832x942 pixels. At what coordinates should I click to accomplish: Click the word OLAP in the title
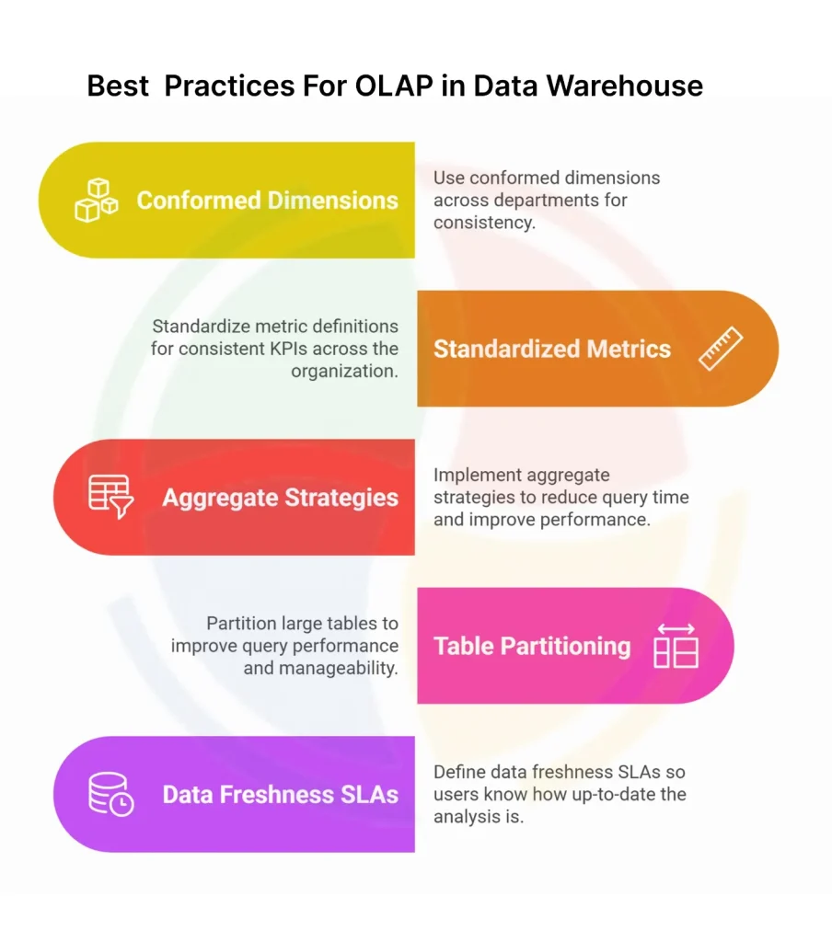394,86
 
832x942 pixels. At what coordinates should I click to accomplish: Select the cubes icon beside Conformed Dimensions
97,200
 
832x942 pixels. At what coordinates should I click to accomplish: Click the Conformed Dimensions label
268,200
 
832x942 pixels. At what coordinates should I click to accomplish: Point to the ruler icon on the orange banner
721,349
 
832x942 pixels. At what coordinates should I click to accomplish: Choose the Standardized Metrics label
552,349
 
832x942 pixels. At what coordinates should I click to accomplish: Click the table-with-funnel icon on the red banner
111,497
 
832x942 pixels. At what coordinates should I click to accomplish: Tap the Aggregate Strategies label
280,498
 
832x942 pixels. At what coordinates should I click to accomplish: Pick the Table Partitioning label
532,646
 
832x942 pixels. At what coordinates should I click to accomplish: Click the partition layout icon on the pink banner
676,646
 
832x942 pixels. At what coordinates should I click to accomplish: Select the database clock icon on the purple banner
111,794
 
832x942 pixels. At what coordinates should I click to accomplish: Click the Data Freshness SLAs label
280,794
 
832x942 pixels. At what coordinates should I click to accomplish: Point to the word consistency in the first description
484,223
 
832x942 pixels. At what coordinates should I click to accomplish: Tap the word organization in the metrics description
344,372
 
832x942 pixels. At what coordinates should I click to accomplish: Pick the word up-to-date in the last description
613,794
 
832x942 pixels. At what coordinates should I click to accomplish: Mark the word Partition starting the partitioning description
242,623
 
